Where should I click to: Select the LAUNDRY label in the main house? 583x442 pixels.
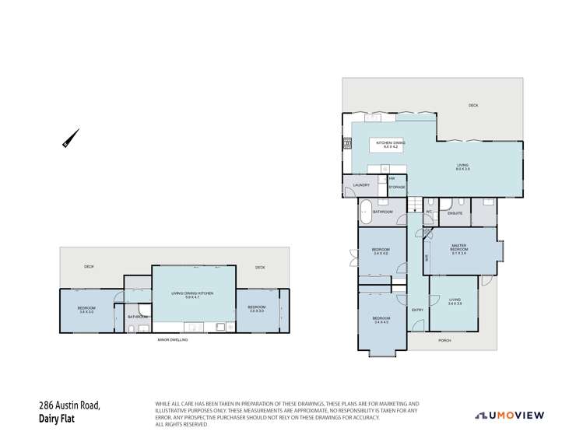pos(361,184)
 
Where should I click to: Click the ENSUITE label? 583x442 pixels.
pos(455,212)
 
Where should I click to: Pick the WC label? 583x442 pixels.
pos(428,212)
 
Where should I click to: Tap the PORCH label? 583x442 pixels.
pos(444,340)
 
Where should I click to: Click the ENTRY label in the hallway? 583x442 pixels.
pos(417,310)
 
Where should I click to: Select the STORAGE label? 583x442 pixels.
pos(397,187)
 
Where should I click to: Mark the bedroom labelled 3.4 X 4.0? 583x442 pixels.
pos(381,251)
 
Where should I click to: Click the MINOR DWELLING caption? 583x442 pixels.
pos(172,340)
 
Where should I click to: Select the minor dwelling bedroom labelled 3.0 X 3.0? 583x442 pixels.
pos(258,307)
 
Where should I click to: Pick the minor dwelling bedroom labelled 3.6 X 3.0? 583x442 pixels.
pos(86,309)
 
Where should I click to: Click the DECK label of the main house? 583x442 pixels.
pos(472,105)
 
